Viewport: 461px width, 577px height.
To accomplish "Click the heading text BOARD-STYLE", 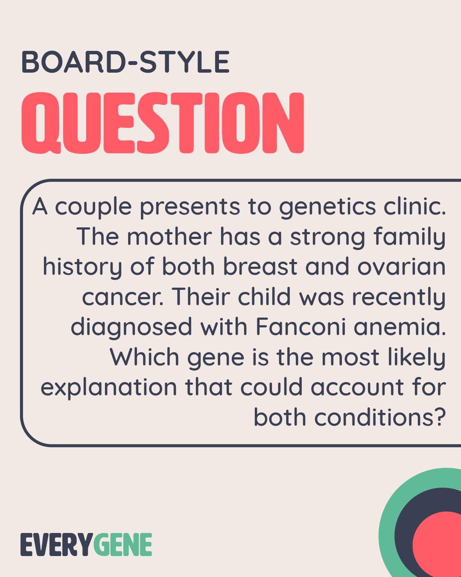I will click(125, 62).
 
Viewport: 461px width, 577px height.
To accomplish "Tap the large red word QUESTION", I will click(162, 123).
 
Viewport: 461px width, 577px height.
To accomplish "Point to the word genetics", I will click(327, 207).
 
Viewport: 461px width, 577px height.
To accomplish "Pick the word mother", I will click(169, 237).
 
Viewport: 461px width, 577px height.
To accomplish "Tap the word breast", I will click(260, 267).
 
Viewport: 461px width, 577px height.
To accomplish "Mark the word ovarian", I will click(401, 267).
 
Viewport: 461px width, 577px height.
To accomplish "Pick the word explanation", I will click(108, 388).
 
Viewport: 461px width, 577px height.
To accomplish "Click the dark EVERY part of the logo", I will click(56, 545).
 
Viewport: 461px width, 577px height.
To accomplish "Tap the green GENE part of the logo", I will click(123, 545).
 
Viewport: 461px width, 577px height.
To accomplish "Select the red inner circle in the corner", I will click(440, 545).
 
